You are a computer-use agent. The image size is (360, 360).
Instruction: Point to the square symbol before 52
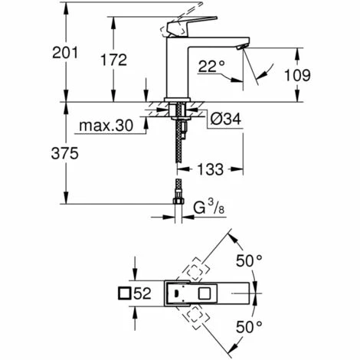click(125, 293)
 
